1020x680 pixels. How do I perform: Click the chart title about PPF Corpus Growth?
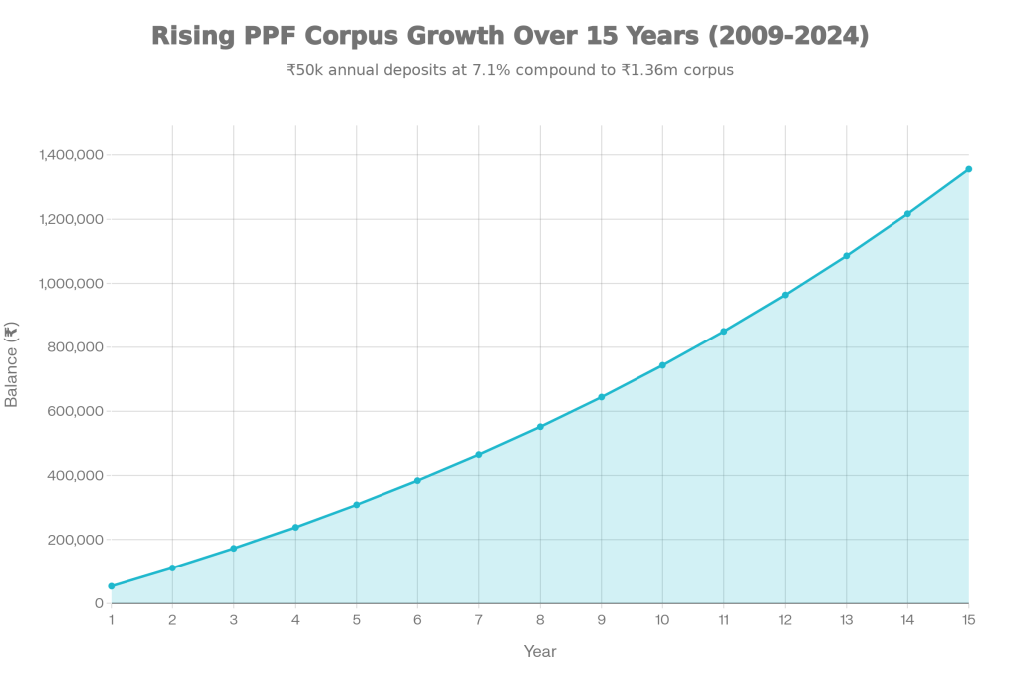point(510,37)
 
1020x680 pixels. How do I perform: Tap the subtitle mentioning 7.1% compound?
point(510,71)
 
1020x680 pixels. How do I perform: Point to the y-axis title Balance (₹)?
point(12,363)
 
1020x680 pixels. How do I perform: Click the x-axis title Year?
point(539,651)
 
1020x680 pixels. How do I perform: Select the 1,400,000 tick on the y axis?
point(71,155)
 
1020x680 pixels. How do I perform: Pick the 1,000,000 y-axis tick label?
point(71,284)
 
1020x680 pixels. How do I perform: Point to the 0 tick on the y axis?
point(99,603)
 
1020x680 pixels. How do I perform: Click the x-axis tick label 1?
point(111,619)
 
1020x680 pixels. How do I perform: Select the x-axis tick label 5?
point(356,619)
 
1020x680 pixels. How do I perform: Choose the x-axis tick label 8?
point(540,619)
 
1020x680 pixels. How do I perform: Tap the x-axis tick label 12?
point(785,619)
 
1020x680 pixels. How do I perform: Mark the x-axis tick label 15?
point(968,619)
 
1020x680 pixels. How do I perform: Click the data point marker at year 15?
point(968,169)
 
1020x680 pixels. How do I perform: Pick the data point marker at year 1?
point(111,586)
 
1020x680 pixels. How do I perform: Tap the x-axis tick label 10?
point(662,619)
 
